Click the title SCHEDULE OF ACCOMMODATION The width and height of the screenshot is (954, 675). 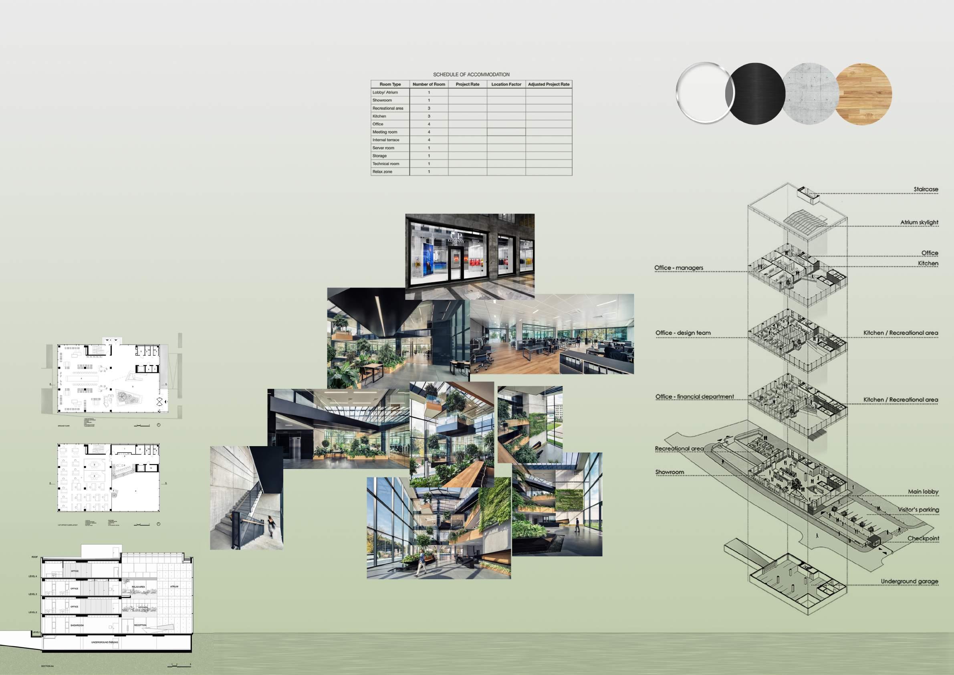471,75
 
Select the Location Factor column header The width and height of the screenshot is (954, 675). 506,84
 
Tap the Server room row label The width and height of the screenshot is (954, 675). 383,148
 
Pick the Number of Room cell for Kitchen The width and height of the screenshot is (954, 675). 429,116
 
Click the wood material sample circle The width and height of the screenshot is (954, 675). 863,92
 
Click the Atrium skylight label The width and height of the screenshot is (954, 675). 919,222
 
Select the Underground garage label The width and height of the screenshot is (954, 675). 909,582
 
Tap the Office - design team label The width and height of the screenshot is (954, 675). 683,333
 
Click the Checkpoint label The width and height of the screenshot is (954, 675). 923,539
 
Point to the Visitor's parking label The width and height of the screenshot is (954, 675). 918,509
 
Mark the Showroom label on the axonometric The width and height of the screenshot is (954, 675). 670,472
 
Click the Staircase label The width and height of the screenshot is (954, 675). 926,190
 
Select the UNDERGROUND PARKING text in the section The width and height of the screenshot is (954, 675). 105,642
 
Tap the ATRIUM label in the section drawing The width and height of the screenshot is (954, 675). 174,586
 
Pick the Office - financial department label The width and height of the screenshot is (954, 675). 695,397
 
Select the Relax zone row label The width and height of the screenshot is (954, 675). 382,172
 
